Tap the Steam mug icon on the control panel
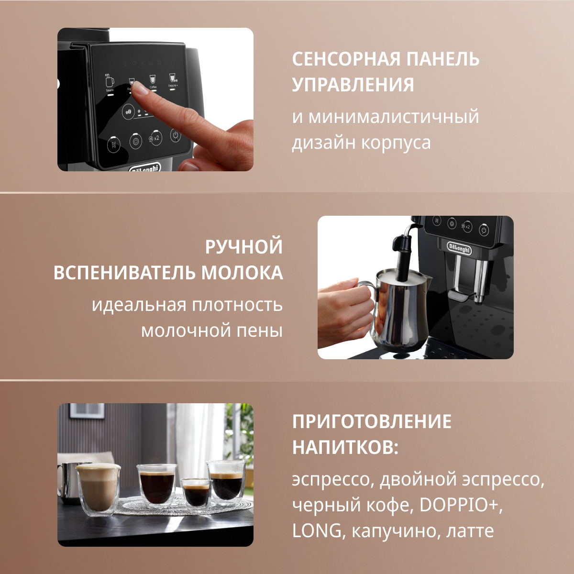click(x=110, y=80)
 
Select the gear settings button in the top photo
click(x=135, y=142)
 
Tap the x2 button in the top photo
click(x=155, y=138)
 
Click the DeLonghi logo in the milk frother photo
click(x=459, y=248)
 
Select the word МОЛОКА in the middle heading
click(x=242, y=273)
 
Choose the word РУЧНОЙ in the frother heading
click(x=243, y=247)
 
